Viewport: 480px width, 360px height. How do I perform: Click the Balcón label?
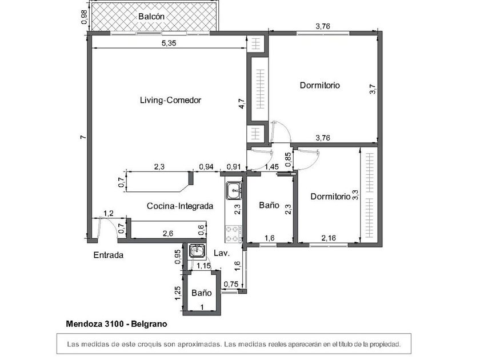pos(151,17)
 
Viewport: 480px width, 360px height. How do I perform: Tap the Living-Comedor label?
pos(170,100)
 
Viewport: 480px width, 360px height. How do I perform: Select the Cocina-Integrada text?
pos(180,206)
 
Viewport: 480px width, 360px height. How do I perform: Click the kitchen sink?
pos(234,190)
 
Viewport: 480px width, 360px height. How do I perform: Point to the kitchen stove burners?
pos(234,234)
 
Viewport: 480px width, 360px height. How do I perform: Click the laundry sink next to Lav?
pos(196,250)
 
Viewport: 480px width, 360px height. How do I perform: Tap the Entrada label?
pos(109,255)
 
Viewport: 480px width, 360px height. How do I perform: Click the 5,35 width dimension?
pos(169,43)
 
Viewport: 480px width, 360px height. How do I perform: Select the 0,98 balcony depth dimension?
pos(84,17)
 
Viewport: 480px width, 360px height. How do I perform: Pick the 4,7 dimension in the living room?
pos(242,103)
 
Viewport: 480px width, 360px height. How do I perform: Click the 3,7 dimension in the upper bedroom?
pos(373,89)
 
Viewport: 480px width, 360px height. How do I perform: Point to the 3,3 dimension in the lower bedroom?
pos(355,195)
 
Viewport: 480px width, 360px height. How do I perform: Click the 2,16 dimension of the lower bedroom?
pos(329,238)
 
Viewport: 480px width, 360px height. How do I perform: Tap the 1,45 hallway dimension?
pos(271,167)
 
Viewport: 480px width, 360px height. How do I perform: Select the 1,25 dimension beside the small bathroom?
pos(178,293)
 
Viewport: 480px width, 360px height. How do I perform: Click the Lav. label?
pos(222,253)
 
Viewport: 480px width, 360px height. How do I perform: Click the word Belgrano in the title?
pos(149,324)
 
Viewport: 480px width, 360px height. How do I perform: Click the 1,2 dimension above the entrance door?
pos(109,213)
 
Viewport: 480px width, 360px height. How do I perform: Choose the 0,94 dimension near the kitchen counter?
pos(206,167)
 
